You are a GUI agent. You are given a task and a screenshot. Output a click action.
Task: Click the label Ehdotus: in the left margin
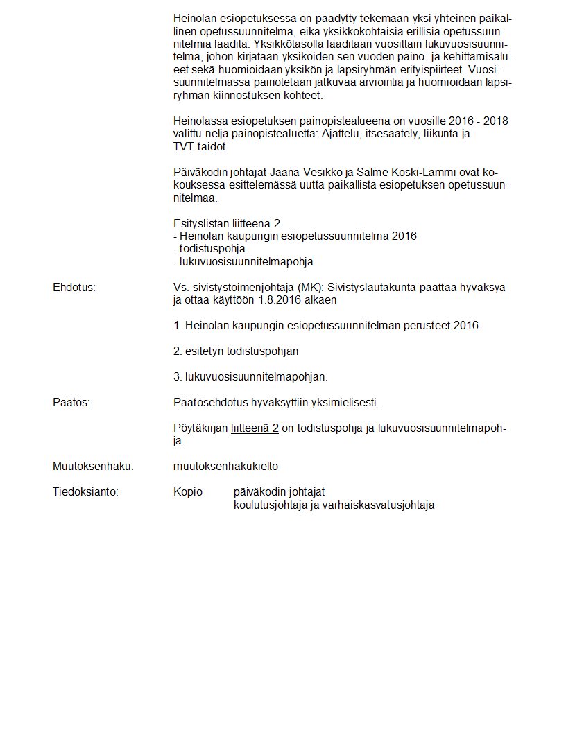click(74, 287)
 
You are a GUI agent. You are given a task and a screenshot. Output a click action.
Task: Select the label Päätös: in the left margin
click(71, 403)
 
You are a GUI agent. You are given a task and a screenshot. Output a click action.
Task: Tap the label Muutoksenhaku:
click(93, 467)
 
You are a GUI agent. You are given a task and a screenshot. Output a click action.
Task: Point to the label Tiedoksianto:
click(85, 492)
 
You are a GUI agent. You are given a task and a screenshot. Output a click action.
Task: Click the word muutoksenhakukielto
click(225, 467)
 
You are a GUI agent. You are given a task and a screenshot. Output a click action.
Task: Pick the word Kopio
click(188, 492)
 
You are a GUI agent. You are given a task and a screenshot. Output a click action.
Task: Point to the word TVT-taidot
click(199, 147)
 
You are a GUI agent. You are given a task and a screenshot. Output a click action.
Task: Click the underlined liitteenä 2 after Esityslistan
click(256, 223)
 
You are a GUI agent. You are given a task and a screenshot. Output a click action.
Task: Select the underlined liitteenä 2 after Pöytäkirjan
click(255, 428)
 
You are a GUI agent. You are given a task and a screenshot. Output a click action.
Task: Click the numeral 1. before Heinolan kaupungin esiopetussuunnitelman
click(178, 326)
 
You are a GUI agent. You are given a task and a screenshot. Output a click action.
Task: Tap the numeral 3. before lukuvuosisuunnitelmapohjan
click(178, 377)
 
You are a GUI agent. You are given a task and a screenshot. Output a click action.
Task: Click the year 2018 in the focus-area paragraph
click(495, 121)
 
